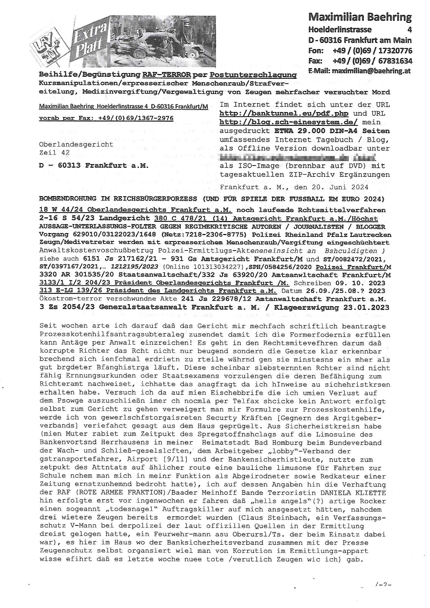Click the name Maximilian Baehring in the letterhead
coord(360,17)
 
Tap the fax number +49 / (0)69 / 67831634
coord(372,61)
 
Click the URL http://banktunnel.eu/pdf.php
coord(284,113)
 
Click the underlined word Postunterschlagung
coord(253,75)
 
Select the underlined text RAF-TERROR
coord(167,75)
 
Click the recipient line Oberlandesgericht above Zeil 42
coord(76,144)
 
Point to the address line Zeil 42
coord(54,153)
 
